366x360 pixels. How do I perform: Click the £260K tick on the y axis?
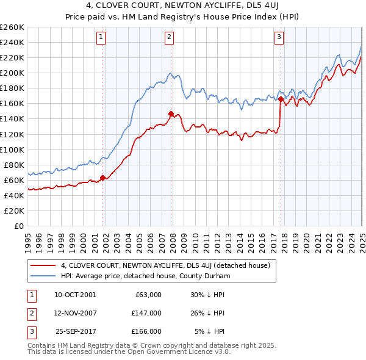pyautogui.click(x=12, y=27)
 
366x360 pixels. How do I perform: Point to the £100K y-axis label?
pyautogui.click(x=12, y=149)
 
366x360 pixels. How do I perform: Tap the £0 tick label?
pyautogui.click(x=19, y=226)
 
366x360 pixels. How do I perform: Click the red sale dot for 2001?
pyautogui.click(x=102, y=178)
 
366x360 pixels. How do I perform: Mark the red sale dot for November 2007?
pyautogui.click(x=171, y=113)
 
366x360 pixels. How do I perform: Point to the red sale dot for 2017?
pyautogui.click(x=281, y=98)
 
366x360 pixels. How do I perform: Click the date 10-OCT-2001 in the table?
pyautogui.click(x=75, y=295)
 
